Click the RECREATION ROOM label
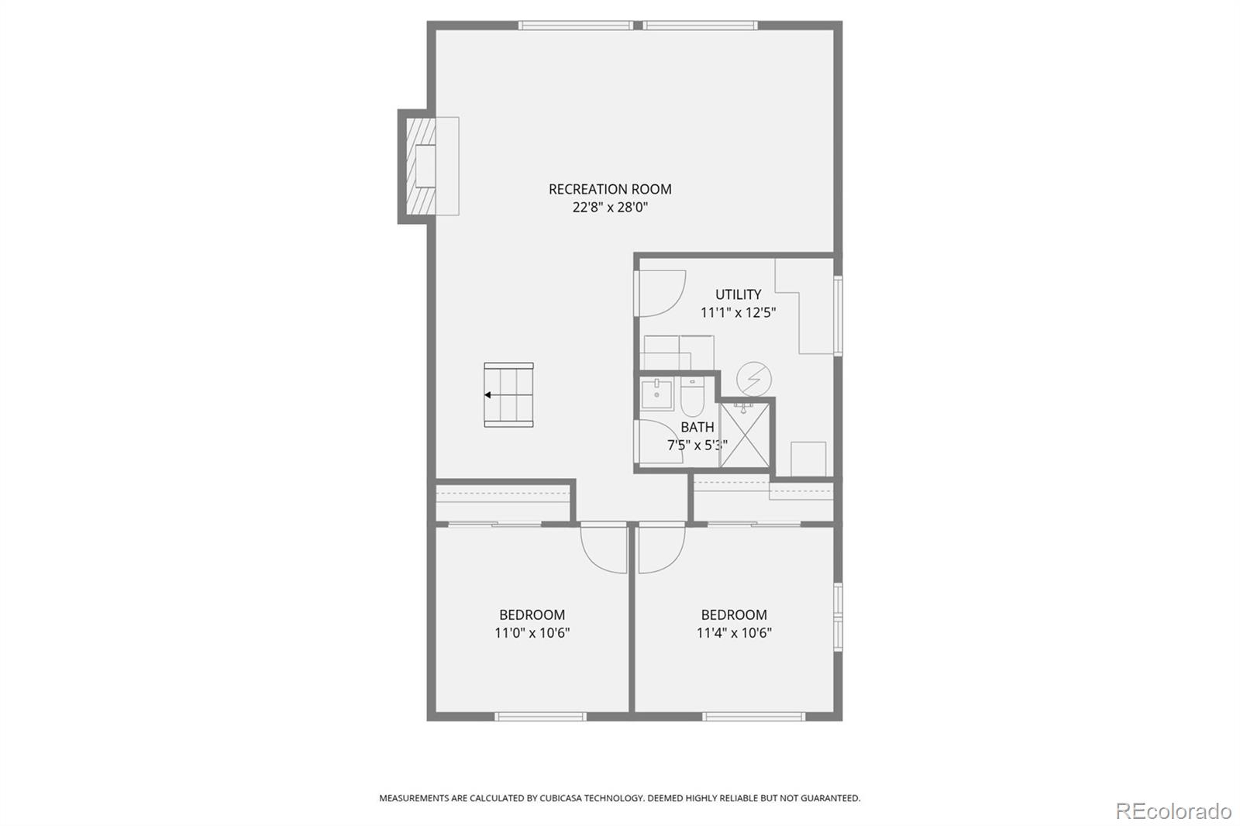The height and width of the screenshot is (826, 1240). pyautogui.click(x=610, y=189)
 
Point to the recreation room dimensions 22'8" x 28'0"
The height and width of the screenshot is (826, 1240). pyautogui.click(x=610, y=208)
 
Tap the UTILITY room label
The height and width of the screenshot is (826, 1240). pyautogui.click(x=738, y=294)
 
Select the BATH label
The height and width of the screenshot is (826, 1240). pyautogui.click(x=697, y=427)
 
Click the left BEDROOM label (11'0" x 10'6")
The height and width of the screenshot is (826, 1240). pyautogui.click(x=532, y=615)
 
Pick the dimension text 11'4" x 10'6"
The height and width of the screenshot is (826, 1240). pyautogui.click(x=734, y=633)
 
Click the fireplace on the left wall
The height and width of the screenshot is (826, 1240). pyautogui.click(x=423, y=166)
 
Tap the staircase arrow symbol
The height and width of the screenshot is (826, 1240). pyautogui.click(x=488, y=395)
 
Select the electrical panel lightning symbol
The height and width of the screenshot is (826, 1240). pyautogui.click(x=753, y=380)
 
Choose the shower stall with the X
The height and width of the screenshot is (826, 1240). pyautogui.click(x=745, y=435)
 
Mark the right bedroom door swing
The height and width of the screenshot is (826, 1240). pyautogui.click(x=660, y=549)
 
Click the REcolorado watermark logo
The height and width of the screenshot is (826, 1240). pyautogui.click(x=1173, y=811)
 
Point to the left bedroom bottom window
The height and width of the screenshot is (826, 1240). pyautogui.click(x=540, y=716)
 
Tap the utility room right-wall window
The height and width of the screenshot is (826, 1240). pyautogui.click(x=838, y=315)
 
